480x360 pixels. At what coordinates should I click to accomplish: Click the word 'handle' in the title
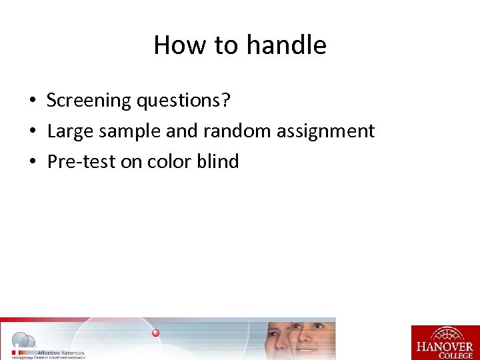[286, 45]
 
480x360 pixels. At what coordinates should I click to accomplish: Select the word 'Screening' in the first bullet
[89, 101]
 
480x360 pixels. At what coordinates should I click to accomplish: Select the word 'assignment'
[325, 131]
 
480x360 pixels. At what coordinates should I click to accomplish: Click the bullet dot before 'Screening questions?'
[32, 101]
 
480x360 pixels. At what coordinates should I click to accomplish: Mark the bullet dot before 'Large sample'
[32, 132]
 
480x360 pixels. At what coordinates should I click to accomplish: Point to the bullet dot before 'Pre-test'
[32, 162]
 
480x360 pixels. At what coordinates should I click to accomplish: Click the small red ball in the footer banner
[155, 333]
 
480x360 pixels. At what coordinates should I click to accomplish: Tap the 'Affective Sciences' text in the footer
[61, 352]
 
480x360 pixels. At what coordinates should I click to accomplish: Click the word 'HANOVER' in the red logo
[445, 347]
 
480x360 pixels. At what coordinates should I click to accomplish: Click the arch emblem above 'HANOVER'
[445, 334]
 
